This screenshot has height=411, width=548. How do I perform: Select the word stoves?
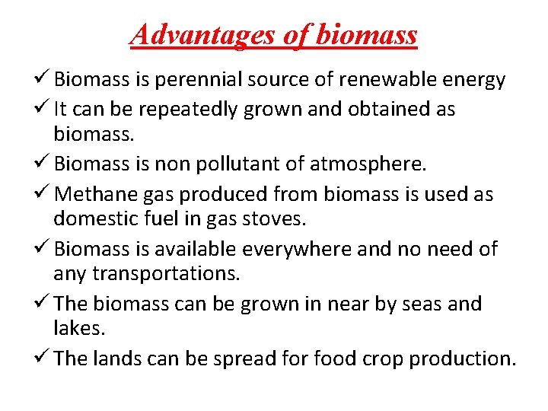click(x=273, y=219)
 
